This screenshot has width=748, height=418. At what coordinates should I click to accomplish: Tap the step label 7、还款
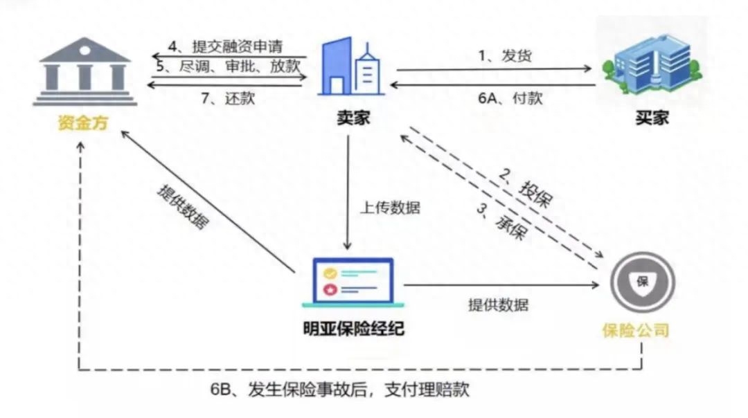pos(229,98)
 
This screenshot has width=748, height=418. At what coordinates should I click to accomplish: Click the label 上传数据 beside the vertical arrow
pos(389,208)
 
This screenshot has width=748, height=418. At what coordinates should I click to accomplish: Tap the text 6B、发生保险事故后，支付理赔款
pos(339,389)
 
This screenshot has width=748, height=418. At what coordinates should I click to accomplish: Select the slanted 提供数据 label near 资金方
pos(184,208)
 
